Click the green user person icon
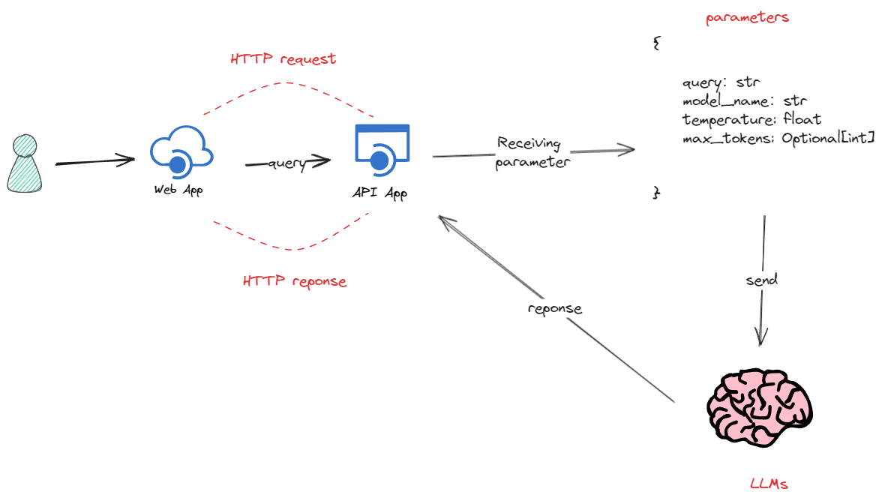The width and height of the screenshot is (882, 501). (x=23, y=163)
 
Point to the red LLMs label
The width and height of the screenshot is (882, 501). (x=769, y=484)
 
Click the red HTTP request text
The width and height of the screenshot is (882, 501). (x=283, y=58)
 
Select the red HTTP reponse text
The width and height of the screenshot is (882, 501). (x=295, y=281)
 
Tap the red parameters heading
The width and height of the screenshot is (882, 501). (x=747, y=17)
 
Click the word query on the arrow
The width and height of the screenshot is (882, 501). (x=286, y=163)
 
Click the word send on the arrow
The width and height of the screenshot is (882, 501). (x=762, y=280)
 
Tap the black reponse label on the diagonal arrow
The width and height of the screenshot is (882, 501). (x=554, y=309)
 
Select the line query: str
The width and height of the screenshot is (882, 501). (x=722, y=82)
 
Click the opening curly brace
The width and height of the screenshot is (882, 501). (x=657, y=43)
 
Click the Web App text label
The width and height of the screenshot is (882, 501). (x=178, y=190)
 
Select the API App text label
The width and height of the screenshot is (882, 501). (x=379, y=193)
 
